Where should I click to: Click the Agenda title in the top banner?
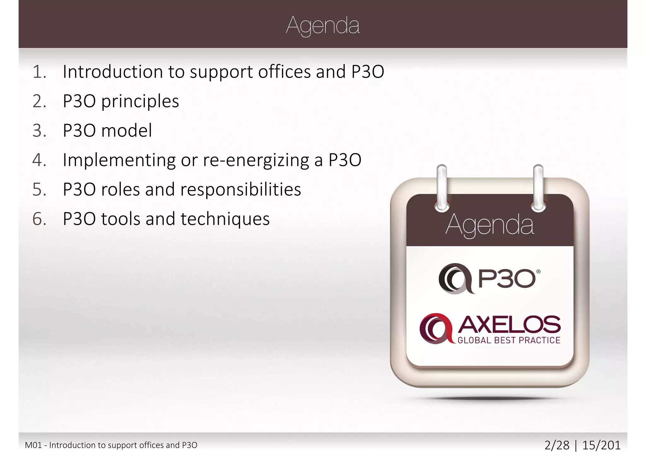[323, 26]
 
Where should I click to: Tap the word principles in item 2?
[140, 102]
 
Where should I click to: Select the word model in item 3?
[126, 131]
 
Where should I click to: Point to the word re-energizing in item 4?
[256, 160]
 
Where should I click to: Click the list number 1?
[39, 72]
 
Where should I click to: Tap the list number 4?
[39, 160]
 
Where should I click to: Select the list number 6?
[39, 219]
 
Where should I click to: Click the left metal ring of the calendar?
[442, 188]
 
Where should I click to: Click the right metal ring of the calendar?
[538, 188]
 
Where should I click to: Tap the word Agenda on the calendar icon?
[490, 225]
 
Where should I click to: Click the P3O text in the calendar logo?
[507, 279]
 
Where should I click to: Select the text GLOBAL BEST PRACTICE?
[509, 340]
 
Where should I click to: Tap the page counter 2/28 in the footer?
[557, 445]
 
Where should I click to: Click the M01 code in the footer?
[33, 445]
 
